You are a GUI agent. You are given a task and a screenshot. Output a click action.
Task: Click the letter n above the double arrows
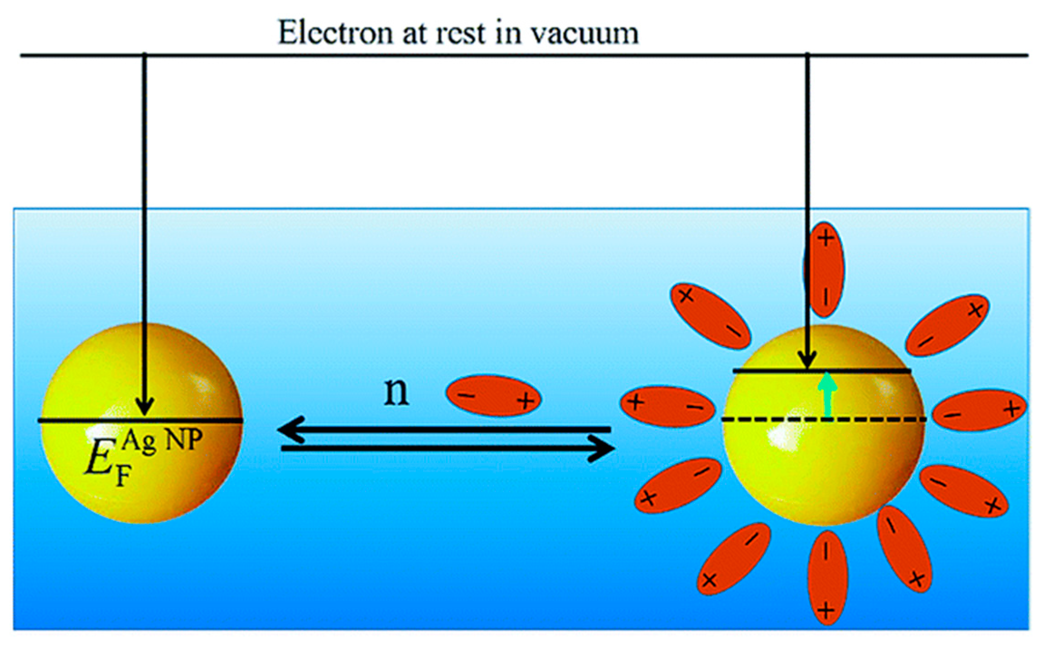[396, 392]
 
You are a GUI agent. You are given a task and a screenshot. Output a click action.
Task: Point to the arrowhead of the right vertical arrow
[808, 361]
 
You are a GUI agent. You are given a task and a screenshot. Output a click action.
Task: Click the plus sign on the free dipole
[525, 401]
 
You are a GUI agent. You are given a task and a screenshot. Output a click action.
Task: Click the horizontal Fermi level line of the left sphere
[140, 421]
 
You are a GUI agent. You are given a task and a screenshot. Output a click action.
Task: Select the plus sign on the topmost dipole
[826, 238]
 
